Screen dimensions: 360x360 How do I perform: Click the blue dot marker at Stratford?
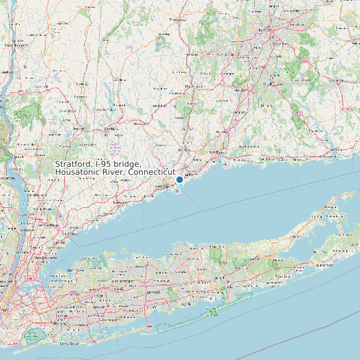179,179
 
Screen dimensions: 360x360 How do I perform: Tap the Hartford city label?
265,30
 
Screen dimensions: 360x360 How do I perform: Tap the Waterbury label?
194,86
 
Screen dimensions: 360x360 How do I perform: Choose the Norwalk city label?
120,201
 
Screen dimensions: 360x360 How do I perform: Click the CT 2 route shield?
306,60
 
